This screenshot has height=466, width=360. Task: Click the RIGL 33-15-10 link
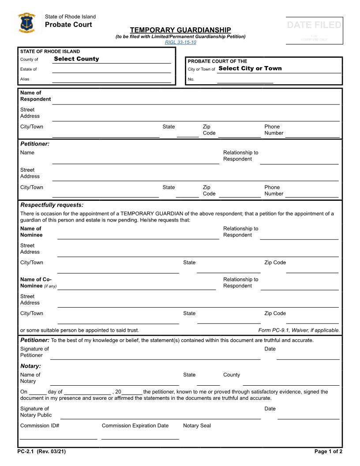(x=180, y=42)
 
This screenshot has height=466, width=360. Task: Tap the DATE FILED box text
(x=314, y=25)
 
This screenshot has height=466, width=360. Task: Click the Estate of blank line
(x=111, y=69)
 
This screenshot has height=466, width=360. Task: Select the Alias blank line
(x=111, y=79)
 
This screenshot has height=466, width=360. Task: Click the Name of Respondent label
(x=35, y=96)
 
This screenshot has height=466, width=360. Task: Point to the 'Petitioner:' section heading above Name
(x=35, y=144)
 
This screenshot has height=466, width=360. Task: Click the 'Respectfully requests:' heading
(x=52, y=205)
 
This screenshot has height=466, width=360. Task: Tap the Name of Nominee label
(x=31, y=232)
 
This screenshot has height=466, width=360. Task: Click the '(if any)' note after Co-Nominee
(x=50, y=286)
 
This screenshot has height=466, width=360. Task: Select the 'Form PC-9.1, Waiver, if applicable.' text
(x=299, y=330)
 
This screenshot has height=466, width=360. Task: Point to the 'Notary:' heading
(x=30, y=366)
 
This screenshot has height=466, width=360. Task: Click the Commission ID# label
(x=40, y=426)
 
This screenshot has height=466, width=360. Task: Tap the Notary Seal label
(x=197, y=426)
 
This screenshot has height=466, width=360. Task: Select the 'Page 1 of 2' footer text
(x=328, y=451)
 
